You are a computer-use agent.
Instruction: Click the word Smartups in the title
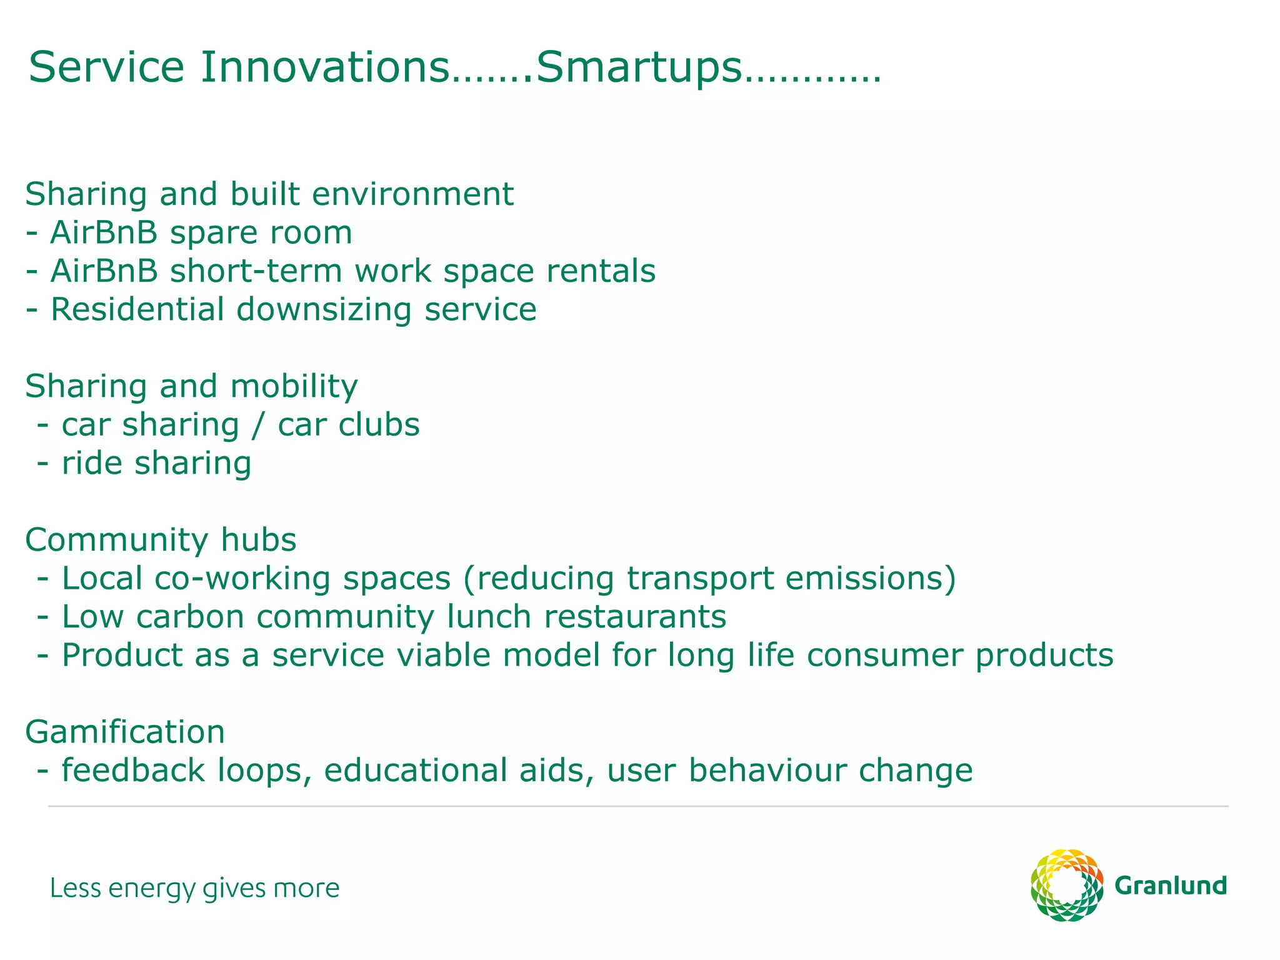click(639, 67)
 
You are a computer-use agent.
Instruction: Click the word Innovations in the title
click(325, 67)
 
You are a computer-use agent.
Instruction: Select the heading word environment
click(412, 194)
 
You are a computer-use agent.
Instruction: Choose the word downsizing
click(324, 311)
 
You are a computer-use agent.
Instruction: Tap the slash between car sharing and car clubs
click(258, 426)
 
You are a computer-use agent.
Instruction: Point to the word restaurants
click(634, 617)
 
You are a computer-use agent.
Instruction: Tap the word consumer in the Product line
click(884, 656)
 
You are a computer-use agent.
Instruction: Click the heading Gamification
click(125, 732)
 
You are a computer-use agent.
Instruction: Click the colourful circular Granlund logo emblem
click(1066, 885)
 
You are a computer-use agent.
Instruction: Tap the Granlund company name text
click(1170, 886)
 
